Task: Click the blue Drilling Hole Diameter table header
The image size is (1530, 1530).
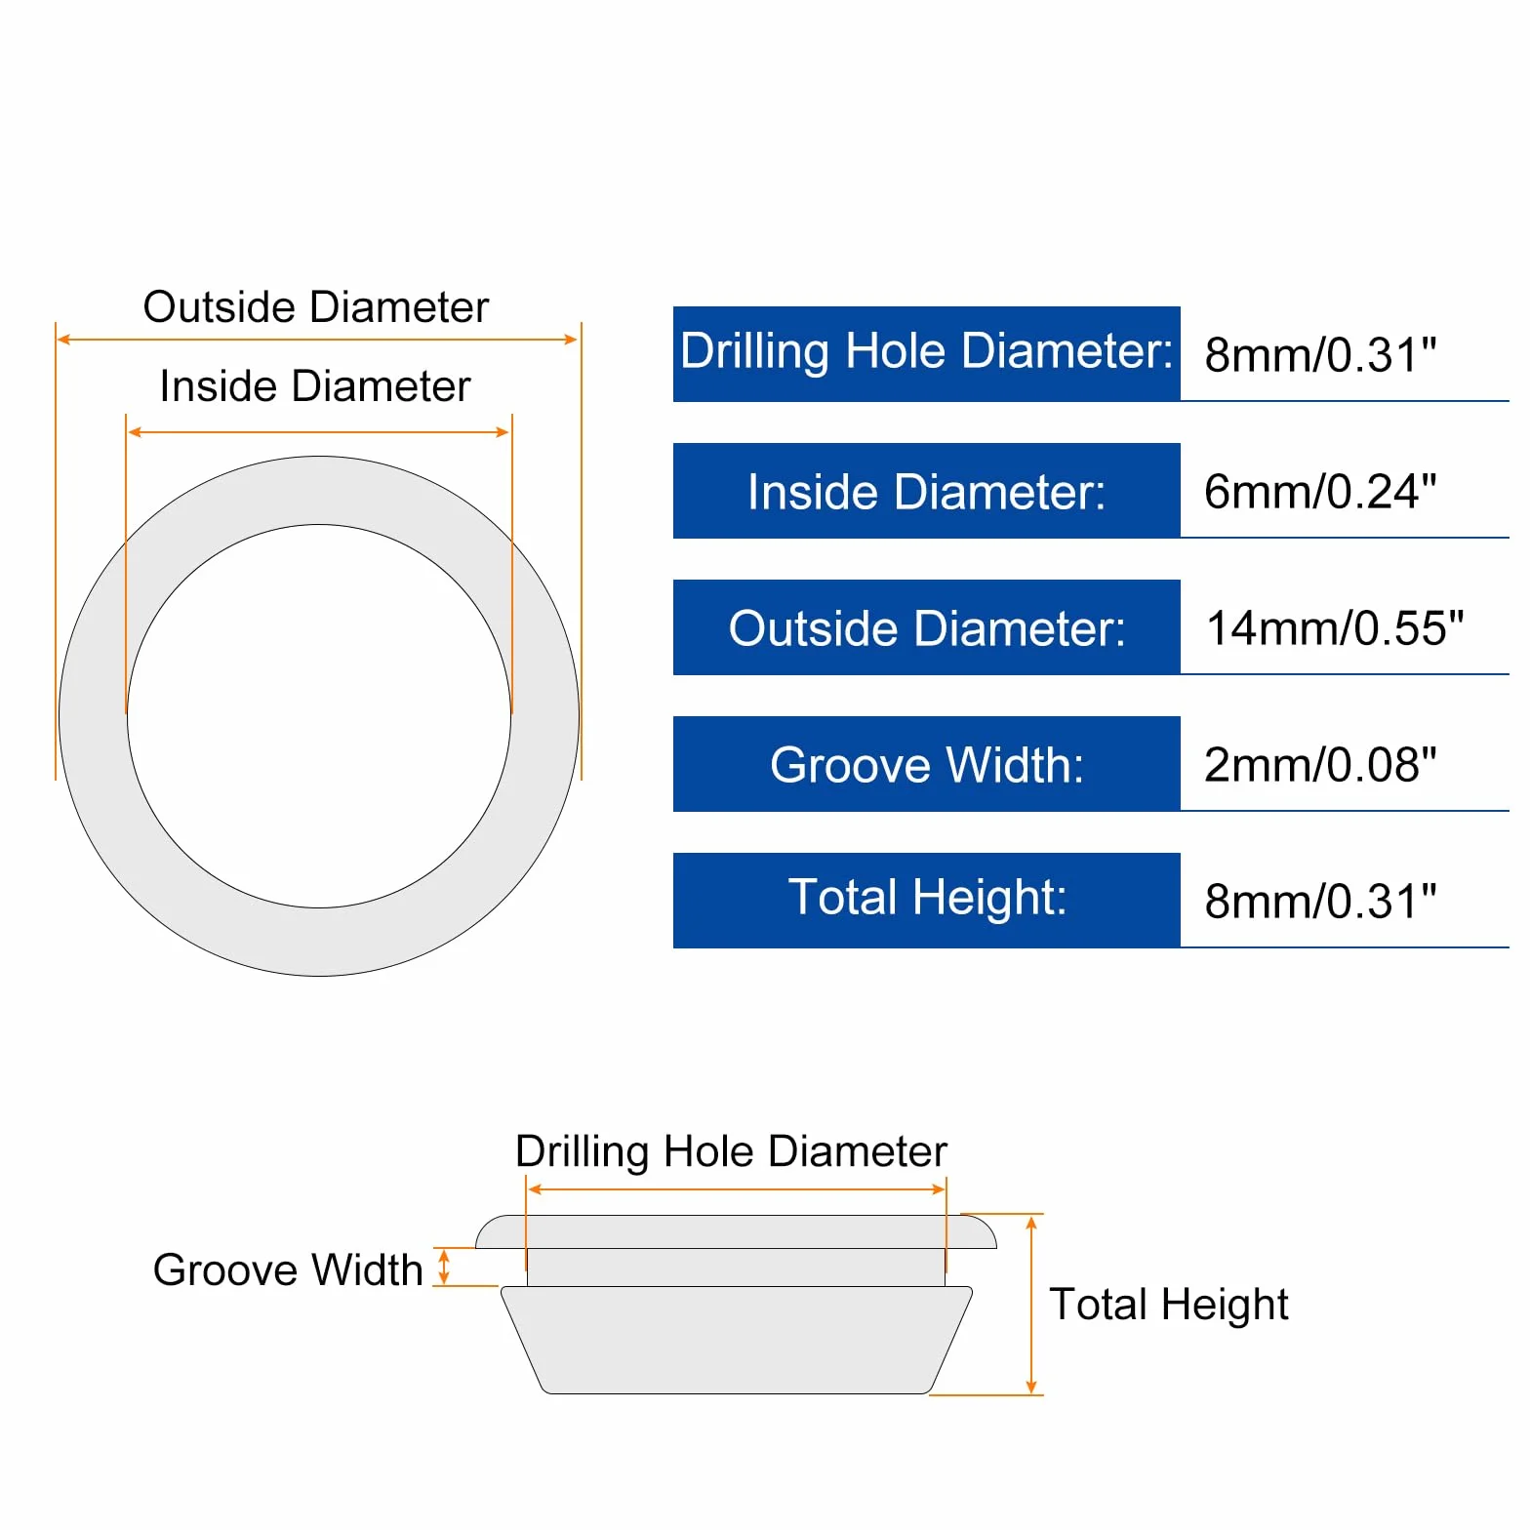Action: tap(926, 353)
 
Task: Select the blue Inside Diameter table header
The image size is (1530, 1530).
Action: tap(926, 490)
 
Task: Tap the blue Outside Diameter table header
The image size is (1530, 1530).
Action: tap(926, 626)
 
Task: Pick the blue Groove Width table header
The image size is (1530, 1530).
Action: tap(926, 763)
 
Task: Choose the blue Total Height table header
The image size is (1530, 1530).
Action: tap(926, 900)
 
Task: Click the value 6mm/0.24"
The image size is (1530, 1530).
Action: tap(1320, 491)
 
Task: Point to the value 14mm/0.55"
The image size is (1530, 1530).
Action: tap(1335, 627)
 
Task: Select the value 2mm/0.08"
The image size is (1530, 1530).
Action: tap(1320, 764)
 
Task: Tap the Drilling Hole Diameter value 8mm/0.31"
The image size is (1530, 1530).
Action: tap(1320, 354)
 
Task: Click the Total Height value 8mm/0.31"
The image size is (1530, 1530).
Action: tap(1320, 901)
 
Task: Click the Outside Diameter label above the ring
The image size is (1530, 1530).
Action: tap(316, 307)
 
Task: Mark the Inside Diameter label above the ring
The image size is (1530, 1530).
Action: tap(315, 386)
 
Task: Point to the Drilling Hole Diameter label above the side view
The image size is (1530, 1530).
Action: tap(731, 1152)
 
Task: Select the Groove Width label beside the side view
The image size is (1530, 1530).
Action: tap(288, 1269)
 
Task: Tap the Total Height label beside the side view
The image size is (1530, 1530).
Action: tap(1169, 1305)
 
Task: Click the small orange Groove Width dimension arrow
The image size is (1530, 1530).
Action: tap(444, 1268)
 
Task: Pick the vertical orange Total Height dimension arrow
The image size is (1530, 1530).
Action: tap(1031, 1306)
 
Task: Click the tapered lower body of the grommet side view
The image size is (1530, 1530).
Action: tap(737, 1340)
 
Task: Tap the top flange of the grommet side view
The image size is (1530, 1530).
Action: tap(736, 1232)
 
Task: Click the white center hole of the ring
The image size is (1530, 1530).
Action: tap(319, 716)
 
